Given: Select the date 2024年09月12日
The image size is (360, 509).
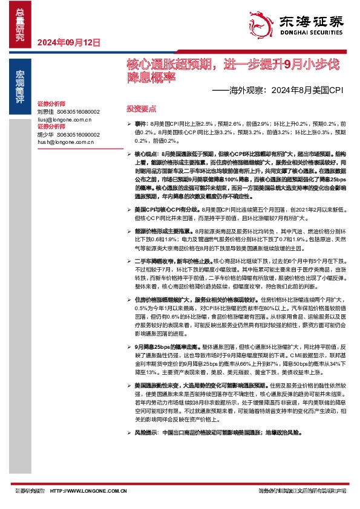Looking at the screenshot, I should (68, 42).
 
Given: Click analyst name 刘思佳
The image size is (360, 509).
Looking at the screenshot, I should (46, 112).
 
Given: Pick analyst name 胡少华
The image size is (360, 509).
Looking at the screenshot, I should (46, 135).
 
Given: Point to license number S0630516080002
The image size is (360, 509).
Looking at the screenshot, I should (80, 112).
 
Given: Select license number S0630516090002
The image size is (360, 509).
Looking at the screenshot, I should (80, 135).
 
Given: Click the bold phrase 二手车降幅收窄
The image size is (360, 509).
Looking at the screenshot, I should (153, 259).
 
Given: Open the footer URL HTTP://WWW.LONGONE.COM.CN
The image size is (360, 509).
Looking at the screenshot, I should (88, 491).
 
